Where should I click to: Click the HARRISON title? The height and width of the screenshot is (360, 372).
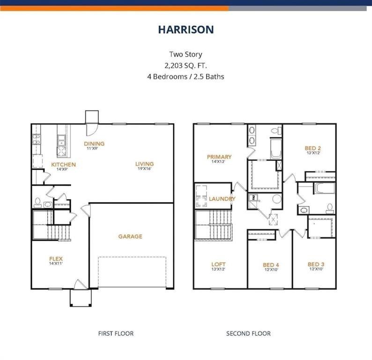(186, 30)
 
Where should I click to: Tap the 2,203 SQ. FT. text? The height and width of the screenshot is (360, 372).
(186, 65)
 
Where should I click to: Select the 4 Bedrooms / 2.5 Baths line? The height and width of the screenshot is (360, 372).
(186, 76)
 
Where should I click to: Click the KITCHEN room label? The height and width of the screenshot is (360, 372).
(63, 165)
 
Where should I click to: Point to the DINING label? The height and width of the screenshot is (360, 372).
(94, 144)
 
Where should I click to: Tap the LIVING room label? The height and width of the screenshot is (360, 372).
(144, 164)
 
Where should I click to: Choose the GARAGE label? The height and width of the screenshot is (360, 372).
(130, 237)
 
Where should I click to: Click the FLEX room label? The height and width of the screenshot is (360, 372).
(56, 259)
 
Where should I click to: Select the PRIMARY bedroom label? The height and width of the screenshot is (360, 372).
(219, 157)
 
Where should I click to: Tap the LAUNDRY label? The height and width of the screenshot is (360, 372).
(222, 199)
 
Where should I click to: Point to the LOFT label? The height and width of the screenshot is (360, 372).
(218, 264)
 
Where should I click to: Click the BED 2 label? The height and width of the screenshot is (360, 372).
(313, 148)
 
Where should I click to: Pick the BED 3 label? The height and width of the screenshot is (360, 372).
(315, 264)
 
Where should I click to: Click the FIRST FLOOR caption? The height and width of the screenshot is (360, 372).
(116, 333)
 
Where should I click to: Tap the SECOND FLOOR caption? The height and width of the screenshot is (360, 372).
(248, 333)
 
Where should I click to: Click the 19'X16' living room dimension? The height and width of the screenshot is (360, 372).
(144, 170)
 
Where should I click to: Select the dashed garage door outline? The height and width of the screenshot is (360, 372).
(132, 272)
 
